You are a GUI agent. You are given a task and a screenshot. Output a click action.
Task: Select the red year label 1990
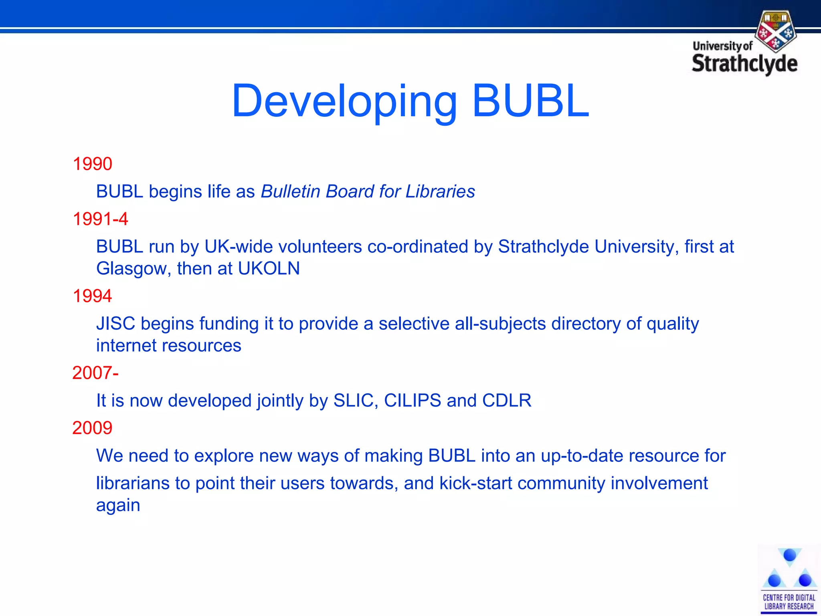click(92, 164)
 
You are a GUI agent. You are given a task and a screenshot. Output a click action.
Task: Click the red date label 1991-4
click(100, 219)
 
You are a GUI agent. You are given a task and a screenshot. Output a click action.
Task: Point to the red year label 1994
click(92, 296)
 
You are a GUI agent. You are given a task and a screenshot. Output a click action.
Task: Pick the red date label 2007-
click(95, 373)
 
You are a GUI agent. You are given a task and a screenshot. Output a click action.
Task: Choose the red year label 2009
click(92, 428)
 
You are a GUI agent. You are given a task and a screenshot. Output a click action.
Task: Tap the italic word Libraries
click(440, 191)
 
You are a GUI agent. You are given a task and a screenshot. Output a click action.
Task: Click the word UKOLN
click(269, 268)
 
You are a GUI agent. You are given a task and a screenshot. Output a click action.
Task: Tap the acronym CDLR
click(507, 400)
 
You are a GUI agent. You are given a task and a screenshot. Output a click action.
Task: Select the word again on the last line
click(118, 505)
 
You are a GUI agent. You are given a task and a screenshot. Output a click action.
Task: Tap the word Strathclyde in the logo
click(744, 64)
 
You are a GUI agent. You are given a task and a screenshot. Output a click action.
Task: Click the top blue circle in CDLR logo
click(789, 555)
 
